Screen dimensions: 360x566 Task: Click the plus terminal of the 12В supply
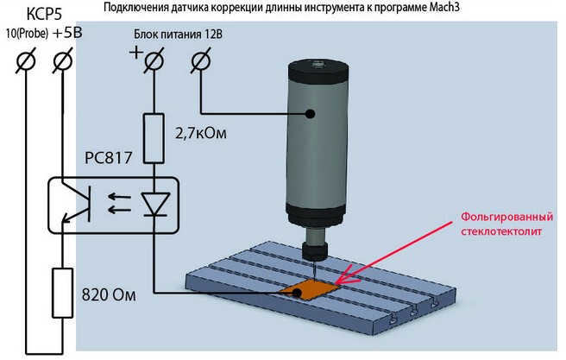click(154, 60)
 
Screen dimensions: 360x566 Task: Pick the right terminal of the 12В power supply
click(200, 60)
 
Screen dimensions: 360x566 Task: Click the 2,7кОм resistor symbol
click(154, 139)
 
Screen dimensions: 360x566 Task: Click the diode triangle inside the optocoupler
click(154, 203)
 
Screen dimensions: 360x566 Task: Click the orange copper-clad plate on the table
click(311, 290)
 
